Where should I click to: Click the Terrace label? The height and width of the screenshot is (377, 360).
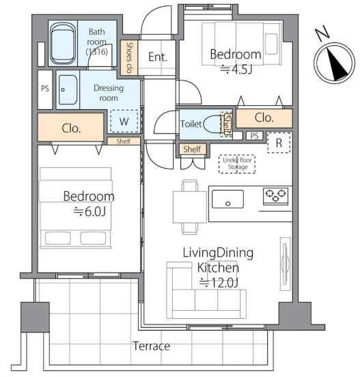click(x=152, y=346)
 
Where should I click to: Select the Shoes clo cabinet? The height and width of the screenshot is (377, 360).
click(x=129, y=57)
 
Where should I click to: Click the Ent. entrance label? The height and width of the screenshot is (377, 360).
click(x=158, y=57)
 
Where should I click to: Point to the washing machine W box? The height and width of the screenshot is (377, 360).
click(x=124, y=121)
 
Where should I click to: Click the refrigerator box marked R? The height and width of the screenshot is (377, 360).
click(x=279, y=143)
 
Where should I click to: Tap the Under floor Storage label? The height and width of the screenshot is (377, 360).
click(x=237, y=163)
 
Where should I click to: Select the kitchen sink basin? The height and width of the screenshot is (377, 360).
click(x=227, y=199)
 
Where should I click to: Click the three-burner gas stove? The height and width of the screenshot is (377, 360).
click(x=275, y=197)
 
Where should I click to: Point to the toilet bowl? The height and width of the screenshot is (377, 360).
click(x=213, y=124)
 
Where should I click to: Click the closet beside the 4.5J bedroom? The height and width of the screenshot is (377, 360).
click(x=264, y=118)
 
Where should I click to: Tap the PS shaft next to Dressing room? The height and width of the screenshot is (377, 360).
click(x=45, y=89)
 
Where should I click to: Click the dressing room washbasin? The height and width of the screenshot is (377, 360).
click(x=68, y=90)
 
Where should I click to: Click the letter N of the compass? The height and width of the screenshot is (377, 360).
click(x=322, y=33)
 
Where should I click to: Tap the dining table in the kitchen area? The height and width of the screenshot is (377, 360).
click(x=190, y=207)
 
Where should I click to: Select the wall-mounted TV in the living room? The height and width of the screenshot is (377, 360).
click(x=286, y=264)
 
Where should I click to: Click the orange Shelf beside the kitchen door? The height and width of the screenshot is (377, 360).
click(x=193, y=149)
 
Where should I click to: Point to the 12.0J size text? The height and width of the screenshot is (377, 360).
click(x=219, y=283)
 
